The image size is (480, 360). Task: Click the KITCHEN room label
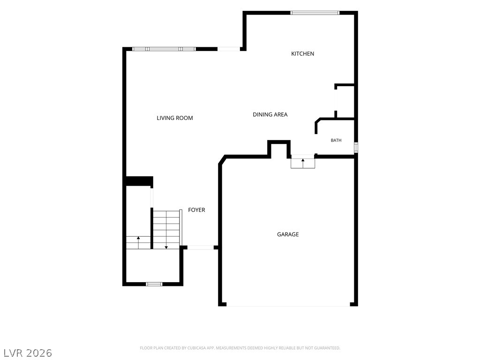[x=302, y=53]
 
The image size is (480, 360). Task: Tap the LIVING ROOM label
[x=175, y=118]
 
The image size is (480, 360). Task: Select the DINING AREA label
[x=270, y=114]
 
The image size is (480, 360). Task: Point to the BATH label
[x=336, y=140]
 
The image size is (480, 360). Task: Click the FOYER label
[x=196, y=210]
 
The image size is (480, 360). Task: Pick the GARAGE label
[x=288, y=234]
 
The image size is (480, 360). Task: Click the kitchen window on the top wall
[x=315, y=13]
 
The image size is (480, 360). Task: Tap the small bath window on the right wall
[x=356, y=147]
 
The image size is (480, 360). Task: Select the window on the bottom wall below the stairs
[x=154, y=284]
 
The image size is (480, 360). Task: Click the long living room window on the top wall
[x=164, y=49]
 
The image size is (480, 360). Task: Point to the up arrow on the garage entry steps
[x=303, y=163]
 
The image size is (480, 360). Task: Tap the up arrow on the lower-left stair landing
[x=138, y=242]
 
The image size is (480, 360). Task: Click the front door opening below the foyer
[x=201, y=247]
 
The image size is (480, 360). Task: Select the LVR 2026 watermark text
[x=26, y=353]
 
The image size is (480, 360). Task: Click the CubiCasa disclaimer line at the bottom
[x=240, y=348]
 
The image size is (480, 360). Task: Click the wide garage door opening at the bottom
[x=288, y=305]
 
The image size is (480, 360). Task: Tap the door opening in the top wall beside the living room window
[x=229, y=49]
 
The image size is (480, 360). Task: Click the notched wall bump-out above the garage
[x=279, y=149]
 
